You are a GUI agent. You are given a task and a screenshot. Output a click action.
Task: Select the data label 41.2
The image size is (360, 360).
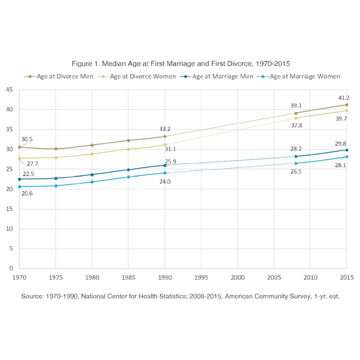coord(344,98)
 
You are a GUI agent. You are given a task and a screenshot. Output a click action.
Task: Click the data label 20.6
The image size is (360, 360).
coord(27,194)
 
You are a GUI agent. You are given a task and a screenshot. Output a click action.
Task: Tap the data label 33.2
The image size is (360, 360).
coord(165,129)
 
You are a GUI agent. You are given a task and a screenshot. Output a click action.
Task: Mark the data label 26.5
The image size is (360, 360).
coord(297,171)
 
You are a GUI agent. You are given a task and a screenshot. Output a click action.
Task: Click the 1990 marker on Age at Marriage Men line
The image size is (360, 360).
coord(165,165)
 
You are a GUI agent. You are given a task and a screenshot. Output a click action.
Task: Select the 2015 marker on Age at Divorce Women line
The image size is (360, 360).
coord(346,110)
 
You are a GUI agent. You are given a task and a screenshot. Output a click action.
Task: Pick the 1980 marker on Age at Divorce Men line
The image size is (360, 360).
coord(92,145)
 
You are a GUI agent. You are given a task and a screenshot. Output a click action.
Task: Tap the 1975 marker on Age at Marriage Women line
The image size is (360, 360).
coord(56,186)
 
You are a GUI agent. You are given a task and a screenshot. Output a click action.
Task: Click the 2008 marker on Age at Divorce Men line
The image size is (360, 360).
coord(296,113)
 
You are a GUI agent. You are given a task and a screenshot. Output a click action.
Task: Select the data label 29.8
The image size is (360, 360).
coord(341,144)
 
